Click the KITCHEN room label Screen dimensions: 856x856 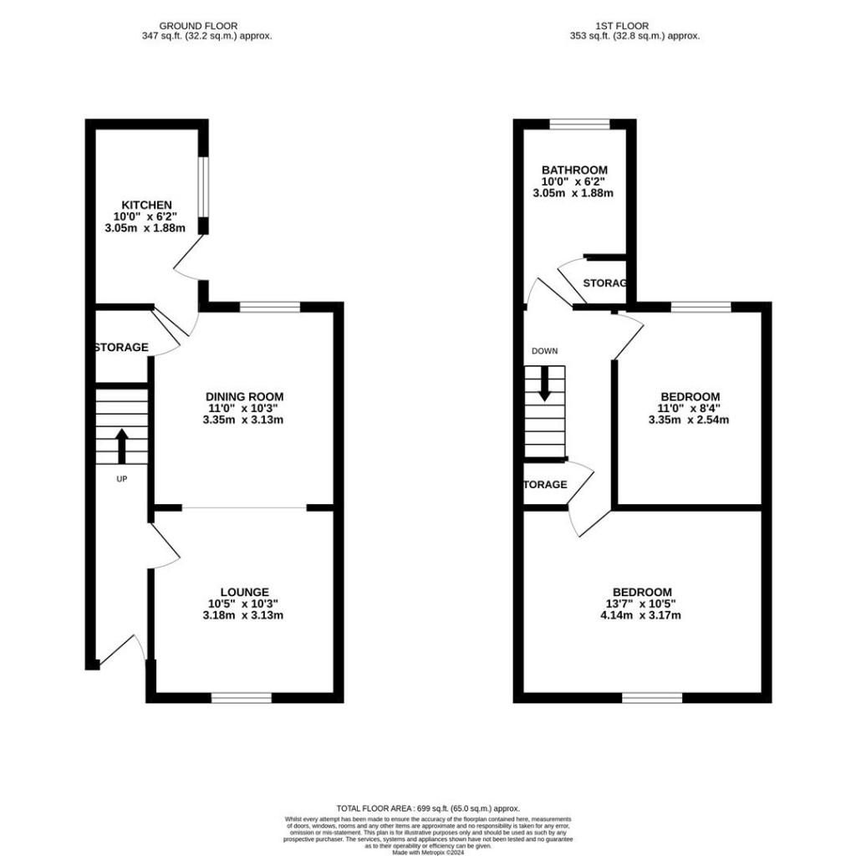(x=147, y=205)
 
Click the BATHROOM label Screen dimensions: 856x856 (x=573, y=170)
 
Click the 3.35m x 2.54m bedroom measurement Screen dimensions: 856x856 (x=690, y=420)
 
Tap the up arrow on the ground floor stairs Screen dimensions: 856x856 (x=121, y=446)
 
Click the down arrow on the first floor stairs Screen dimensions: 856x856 (x=545, y=384)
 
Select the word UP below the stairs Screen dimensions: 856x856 (x=121, y=479)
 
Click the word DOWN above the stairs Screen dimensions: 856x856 (x=544, y=351)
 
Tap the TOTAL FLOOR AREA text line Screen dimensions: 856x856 (x=428, y=808)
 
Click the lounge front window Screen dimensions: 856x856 (x=242, y=697)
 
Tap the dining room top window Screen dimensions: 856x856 (x=269, y=307)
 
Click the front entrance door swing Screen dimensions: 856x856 (x=129, y=647)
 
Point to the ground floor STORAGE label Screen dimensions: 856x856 (x=121, y=347)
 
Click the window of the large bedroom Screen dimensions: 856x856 (x=651, y=697)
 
